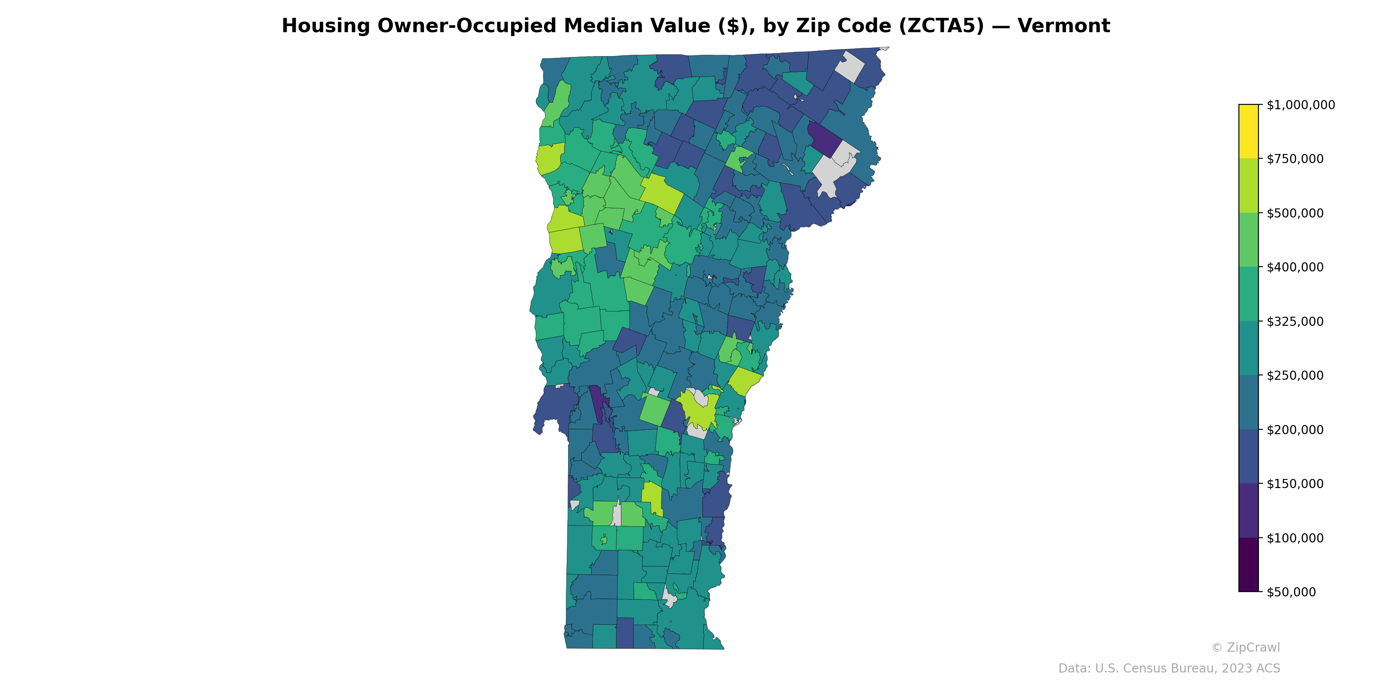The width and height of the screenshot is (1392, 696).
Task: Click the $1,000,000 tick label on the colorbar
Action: coord(1300,105)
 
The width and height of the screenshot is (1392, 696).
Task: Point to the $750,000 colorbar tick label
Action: coord(1295,159)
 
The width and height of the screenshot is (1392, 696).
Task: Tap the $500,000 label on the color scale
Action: coord(1295,213)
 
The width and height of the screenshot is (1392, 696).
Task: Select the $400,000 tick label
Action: coord(1295,267)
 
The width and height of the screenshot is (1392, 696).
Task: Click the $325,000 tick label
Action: coord(1295,321)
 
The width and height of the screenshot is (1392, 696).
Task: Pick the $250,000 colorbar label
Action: coord(1295,375)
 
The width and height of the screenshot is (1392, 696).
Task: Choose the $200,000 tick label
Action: coord(1295,430)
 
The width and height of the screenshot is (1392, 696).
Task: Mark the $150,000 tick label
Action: coord(1295,484)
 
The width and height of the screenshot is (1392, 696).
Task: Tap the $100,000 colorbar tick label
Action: coord(1295,538)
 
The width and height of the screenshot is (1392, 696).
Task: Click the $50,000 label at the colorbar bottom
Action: coord(1292,592)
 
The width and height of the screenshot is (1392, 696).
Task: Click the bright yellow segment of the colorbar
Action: coord(1248,131)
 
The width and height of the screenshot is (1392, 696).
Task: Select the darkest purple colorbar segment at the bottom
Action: coord(1248,565)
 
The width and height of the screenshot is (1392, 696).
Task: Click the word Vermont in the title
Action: coord(1064,26)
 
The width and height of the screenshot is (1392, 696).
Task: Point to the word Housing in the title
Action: coord(326,26)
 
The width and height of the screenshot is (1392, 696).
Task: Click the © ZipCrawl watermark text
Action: coord(1245,647)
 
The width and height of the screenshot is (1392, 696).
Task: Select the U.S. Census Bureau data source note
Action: coord(1169,669)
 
